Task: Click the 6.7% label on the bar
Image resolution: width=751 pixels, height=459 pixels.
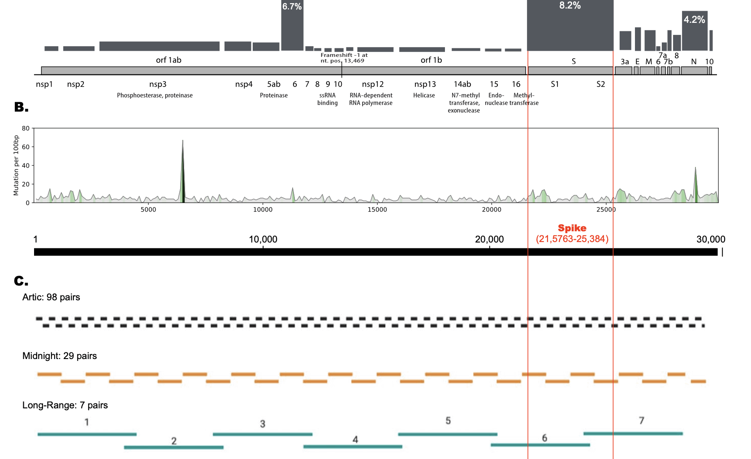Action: click(x=292, y=7)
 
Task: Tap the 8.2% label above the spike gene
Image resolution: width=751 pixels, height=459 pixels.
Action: click(x=570, y=6)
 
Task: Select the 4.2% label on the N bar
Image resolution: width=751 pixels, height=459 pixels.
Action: click(x=694, y=20)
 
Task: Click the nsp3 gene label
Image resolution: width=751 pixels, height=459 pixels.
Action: click(x=158, y=84)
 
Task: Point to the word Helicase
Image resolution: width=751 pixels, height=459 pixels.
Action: click(x=424, y=95)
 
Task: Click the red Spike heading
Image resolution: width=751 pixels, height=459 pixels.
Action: click(x=572, y=228)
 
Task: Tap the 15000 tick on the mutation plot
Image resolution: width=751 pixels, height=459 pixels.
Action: click(x=377, y=210)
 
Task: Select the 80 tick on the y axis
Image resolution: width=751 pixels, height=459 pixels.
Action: click(x=26, y=129)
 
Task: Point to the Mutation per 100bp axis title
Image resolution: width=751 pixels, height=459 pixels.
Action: click(x=16, y=165)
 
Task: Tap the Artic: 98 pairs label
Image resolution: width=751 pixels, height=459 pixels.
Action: click(x=51, y=297)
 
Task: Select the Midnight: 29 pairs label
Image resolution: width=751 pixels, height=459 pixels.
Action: click(x=60, y=356)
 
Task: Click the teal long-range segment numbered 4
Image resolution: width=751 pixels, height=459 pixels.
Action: click(x=353, y=446)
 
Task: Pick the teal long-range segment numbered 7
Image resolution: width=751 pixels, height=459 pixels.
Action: click(x=633, y=433)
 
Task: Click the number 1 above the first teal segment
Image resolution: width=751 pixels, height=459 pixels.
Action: click(x=87, y=422)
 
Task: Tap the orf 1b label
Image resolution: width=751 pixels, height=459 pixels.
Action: click(x=431, y=60)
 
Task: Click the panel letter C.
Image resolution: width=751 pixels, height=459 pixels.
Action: click(x=21, y=281)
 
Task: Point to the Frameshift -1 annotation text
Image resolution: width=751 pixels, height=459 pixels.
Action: click(x=344, y=58)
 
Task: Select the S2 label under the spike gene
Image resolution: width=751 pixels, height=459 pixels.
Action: click(x=600, y=84)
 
